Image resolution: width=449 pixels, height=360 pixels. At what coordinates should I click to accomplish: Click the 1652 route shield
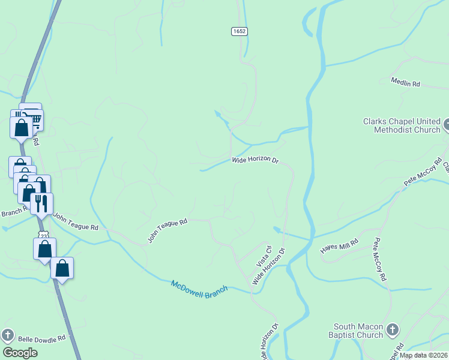click(240, 31)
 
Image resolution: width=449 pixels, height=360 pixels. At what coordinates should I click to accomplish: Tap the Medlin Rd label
click(405, 83)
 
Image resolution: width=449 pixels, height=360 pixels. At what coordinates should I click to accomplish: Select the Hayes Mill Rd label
click(339, 246)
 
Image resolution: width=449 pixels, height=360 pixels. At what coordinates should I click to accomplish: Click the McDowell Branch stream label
click(199, 287)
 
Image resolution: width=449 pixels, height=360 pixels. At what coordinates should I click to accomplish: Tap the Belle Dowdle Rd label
click(41, 339)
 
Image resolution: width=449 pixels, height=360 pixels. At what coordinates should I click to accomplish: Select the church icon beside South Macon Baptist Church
click(392, 329)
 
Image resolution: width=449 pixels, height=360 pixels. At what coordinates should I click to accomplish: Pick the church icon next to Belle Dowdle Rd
click(8, 335)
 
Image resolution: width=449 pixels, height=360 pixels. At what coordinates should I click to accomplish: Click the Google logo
click(20, 353)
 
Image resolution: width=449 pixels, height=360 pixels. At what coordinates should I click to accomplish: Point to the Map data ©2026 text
click(423, 355)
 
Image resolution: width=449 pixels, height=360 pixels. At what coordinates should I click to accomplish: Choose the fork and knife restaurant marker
click(41, 203)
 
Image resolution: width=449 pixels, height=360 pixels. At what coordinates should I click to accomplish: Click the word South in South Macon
click(346, 326)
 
